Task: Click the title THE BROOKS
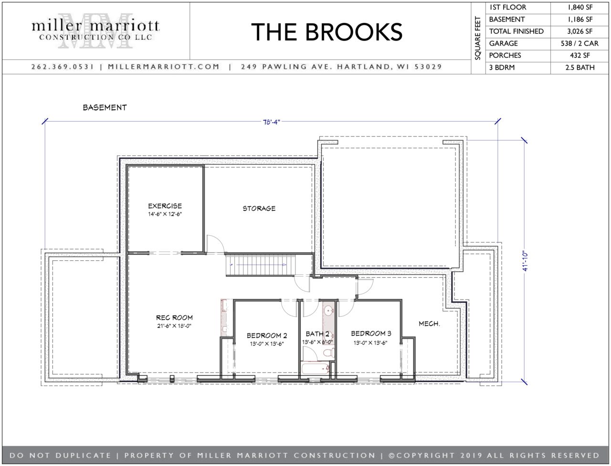coord(327,32)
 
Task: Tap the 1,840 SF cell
coord(580,8)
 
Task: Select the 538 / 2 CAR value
coord(579,44)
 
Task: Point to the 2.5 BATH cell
coord(580,68)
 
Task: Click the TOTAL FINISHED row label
coord(516,31)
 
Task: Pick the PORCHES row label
coord(505,56)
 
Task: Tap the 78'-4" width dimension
coord(272,122)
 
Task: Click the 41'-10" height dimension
coord(525,261)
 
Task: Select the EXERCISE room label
coord(165,206)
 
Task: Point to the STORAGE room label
coord(259,208)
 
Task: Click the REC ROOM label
coord(174,318)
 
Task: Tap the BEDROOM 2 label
coord(267,336)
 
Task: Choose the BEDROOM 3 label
coord(371,333)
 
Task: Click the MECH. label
coord(429,324)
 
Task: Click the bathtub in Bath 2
coord(316,370)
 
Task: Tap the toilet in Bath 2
coord(328,352)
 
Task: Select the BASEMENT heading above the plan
coord(105,108)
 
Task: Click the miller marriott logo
coord(95,31)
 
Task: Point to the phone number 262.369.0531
coord(63,67)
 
